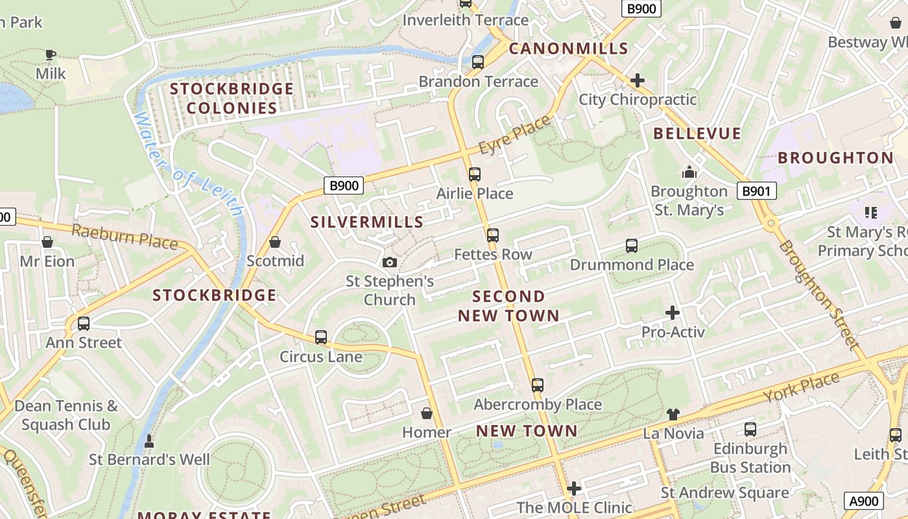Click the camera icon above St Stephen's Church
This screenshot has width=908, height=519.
coord(389,262)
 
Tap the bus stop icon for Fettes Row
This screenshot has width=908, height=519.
coord(493,235)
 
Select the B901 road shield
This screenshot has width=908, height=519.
coord(756,191)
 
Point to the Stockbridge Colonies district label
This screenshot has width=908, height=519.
coord(232,99)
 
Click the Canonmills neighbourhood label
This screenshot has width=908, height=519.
coord(568,49)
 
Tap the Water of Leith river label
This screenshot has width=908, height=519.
coord(188,165)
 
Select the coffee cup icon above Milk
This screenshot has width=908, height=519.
coord(51,54)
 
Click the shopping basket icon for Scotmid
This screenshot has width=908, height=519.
coord(275,242)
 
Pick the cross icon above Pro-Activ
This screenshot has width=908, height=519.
coord(673,313)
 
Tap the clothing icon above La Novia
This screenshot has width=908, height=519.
coord(673,414)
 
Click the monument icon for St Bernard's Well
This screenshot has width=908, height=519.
coord(149,441)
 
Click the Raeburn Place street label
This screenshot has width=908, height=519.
coord(125,237)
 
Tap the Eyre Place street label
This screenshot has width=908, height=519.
coord(515,135)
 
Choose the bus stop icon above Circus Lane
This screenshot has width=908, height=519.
coord(321,337)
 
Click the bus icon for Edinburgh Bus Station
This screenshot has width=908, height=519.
coord(750,429)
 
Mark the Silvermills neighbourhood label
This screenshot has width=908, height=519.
coord(367,222)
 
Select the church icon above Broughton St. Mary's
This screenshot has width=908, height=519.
coord(689,172)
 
